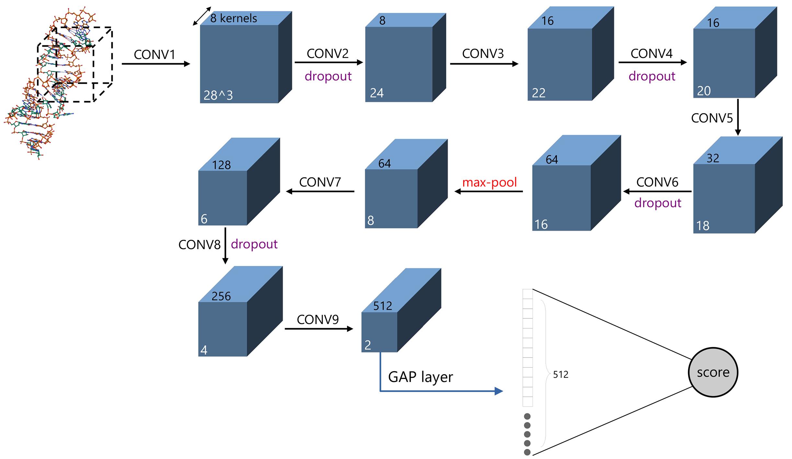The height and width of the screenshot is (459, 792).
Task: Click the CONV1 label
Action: [155, 55]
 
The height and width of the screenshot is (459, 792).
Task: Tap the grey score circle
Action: [713, 372]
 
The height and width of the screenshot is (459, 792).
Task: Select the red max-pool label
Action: [489, 182]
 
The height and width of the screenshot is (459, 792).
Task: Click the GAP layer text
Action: [420, 377]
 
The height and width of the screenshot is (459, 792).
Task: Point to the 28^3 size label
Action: [218, 95]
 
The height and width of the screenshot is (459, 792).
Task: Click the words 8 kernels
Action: [234, 18]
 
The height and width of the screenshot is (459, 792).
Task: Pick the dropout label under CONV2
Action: [328, 76]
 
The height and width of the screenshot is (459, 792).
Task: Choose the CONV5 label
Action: [712, 118]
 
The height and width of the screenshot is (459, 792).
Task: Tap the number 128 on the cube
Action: [221, 165]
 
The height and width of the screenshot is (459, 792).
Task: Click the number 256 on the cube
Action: [221, 296]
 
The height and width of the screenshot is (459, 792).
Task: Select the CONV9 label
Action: [317, 320]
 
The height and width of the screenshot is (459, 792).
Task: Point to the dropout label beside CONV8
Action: [254, 244]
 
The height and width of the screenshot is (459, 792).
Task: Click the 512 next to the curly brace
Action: [560, 375]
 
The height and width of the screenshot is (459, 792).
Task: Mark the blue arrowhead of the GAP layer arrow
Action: [498, 391]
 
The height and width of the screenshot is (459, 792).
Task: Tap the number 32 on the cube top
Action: [713, 158]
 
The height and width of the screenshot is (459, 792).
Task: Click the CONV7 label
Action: [320, 182]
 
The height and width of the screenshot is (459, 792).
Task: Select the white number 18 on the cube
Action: [703, 226]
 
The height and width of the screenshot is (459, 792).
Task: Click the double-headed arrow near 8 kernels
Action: [202, 16]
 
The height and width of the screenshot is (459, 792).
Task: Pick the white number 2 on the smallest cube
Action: [367, 345]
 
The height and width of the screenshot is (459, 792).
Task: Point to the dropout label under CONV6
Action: [658, 203]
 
